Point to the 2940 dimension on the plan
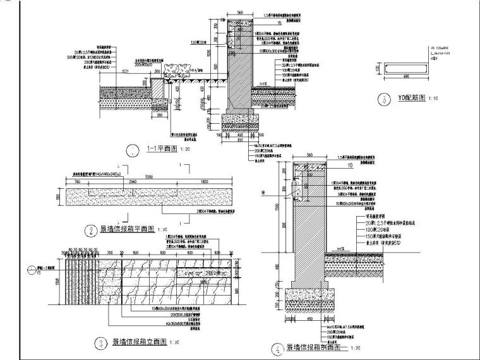133,181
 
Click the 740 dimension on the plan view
76,181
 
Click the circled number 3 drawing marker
99,344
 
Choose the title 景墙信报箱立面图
139,344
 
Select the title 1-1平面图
160,149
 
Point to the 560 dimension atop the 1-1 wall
239,12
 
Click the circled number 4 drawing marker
277,347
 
